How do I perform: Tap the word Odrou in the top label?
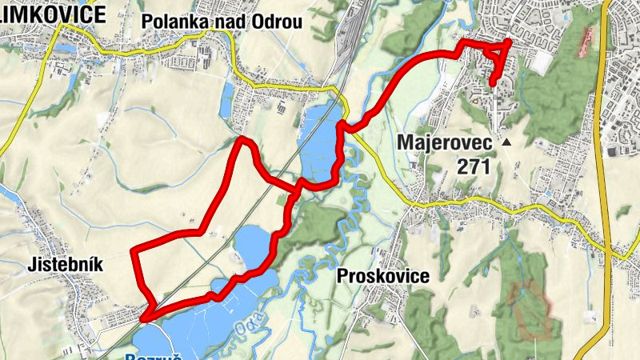coord(280,22)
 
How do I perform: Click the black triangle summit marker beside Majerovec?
coord(506,142)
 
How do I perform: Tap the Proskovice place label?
coord(383,276)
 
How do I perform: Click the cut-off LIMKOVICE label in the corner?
coord(51,14)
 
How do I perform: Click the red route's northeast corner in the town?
coord(510,42)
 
